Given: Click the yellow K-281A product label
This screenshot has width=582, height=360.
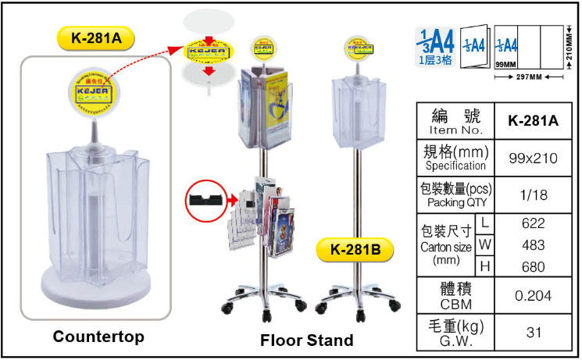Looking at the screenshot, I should (x=97, y=37).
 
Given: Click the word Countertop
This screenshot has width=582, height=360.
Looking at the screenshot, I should (x=98, y=337).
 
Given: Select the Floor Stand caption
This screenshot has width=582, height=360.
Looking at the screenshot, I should (x=306, y=340).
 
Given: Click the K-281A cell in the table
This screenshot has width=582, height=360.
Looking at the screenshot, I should (x=533, y=120).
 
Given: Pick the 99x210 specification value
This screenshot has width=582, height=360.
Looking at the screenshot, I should (x=533, y=159).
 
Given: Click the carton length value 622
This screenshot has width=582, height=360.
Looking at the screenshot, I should (x=533, y=223).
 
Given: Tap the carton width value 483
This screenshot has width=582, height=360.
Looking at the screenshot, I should (x=533, y=245).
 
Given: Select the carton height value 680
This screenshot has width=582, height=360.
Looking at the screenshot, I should (x=533, y=267).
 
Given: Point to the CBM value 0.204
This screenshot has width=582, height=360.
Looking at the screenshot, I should (x=533, y=296).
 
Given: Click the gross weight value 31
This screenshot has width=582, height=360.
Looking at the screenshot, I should (x=533, y=333).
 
